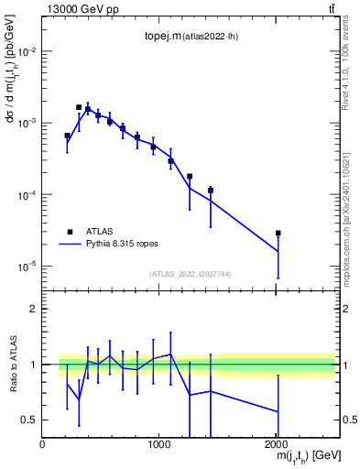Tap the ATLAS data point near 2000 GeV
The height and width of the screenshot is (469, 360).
pyautogui.click(x=278, y=234)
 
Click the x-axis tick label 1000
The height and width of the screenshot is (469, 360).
pyautogui.click(x=159, y=444)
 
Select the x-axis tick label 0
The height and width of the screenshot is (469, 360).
pyautogui.click(x=42, y=444)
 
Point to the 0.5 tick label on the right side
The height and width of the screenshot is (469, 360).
pyautogui.click(x=348, y=420)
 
